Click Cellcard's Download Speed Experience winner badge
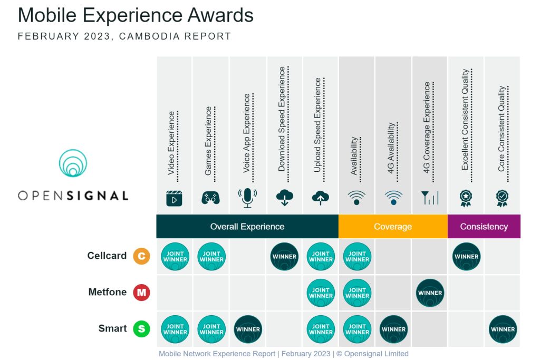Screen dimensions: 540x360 (284, 256)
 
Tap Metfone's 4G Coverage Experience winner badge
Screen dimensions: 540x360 (430, 293)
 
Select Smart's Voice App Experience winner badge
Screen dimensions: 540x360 (248, 329)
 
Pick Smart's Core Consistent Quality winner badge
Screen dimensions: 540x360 (503, 329)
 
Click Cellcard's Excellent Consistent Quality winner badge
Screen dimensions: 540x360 (466, 256)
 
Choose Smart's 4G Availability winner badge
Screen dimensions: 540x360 (393, 329)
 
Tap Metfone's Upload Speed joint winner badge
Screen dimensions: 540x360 (321, 293)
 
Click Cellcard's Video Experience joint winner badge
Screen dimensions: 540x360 (175, 256)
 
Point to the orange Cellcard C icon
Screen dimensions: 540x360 (141, 256)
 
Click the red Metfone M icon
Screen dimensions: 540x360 (141, 293)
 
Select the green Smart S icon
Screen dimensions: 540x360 (141, 329)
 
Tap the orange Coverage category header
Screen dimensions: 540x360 (393, 227)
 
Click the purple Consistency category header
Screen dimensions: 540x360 (484, 227)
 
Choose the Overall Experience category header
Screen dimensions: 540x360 (247, 227)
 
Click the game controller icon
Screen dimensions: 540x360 (210, 198)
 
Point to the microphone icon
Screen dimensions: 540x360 (247, 198)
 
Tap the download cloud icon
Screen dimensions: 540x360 (284, 198)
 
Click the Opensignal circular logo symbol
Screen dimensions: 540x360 (73, 163)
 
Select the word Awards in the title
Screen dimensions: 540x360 (220, 15)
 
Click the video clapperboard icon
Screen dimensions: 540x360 (174, 198)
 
